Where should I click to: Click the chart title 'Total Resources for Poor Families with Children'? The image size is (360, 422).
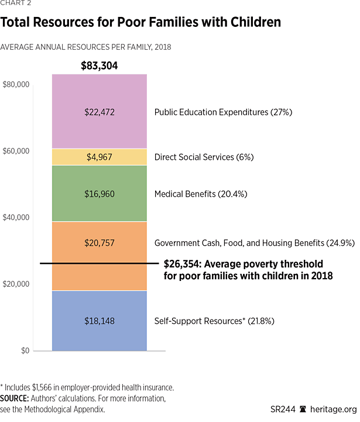pos(140,23)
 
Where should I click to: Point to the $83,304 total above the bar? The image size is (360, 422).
pos(99,66)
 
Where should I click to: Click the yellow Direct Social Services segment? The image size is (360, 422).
pos(99,157)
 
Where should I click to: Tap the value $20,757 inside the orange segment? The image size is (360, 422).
pos(99,242)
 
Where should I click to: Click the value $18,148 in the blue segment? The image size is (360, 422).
pos(99,321)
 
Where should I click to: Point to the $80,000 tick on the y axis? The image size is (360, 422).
pos(16,84)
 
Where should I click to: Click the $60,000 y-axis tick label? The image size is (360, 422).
pos(16,151)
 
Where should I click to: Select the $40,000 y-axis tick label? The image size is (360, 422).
pos(16,218)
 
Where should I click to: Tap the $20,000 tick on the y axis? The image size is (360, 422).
pos(16,284)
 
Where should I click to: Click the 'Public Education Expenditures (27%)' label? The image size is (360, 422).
pos(223,112)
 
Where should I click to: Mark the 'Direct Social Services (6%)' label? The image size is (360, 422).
pos(204,157)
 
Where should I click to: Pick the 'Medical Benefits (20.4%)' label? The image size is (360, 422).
pos(199,194)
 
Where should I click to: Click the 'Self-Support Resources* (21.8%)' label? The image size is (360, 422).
pos(214,321)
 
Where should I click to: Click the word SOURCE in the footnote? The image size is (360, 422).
pos(18,399)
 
